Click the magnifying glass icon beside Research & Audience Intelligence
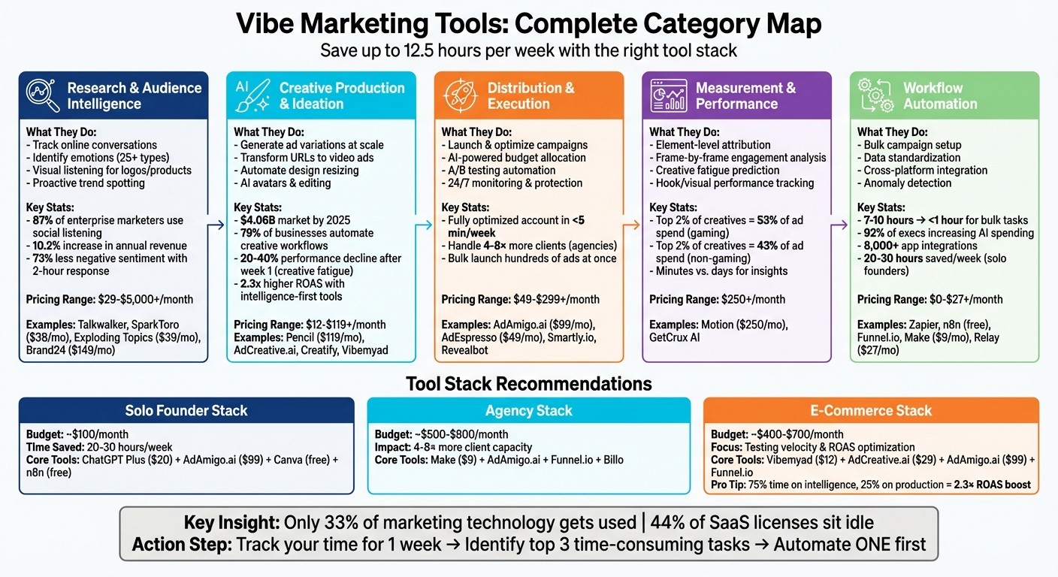pyautogui.click(x=43, y=95)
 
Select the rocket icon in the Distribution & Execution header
pyautogui.click(x=459, y=95)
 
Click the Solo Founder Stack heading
pyautogui.click(x=186, y=411)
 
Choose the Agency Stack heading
pyautogui.click(x=528, y=411)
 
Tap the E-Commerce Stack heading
pyautogui.click(x=871, y=411)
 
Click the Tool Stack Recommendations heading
pyautogui.click(x=528, y=384)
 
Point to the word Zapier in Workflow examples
pyautogui.click(x=927, y=325)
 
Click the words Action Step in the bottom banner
pyautogui.click(x=180, y=545)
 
